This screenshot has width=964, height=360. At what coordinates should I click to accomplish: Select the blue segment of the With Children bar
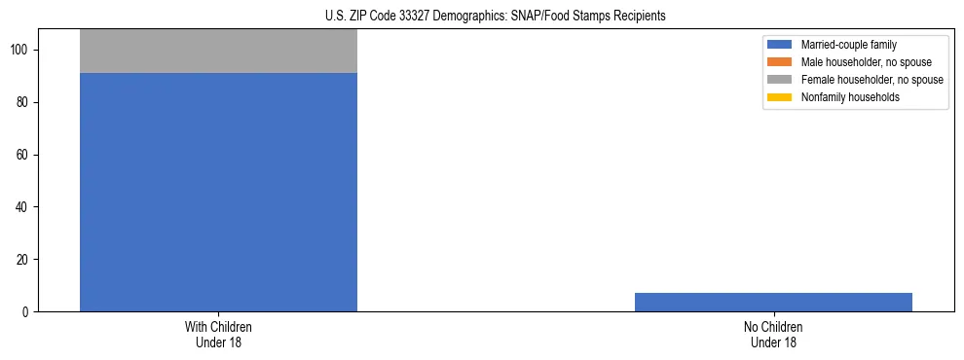pyautogui.click(x=218, y=192)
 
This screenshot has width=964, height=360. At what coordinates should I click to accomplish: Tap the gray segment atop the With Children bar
pyautogui.click(x=218, y=52)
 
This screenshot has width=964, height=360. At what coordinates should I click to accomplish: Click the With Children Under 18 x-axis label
pyautogui.click(x=218, y=334)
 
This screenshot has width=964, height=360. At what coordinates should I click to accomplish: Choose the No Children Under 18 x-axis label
pyautogui.click(x=773, y=334)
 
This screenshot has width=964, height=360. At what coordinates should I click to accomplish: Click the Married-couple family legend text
pyautogui.click(x=848, y=45)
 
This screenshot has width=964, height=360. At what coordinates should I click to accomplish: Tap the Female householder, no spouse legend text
pyautogui.click(x=871, y=80)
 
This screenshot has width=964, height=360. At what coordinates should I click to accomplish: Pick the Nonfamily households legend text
pyautogui.click(x=849, y=97)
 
